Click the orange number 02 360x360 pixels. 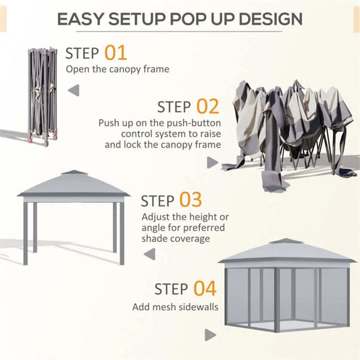[x=208, y=106]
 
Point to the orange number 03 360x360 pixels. [x=190, y=201]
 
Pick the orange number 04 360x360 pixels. [x=205, y=289]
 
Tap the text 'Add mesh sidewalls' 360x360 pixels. [x=175, y=307]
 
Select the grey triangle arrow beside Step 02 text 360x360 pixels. [x=212, y=162]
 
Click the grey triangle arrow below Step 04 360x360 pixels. [x=211, y=334]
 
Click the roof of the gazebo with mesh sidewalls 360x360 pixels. [x=286, y=251]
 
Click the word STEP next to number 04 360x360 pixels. [x=170, y=290]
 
